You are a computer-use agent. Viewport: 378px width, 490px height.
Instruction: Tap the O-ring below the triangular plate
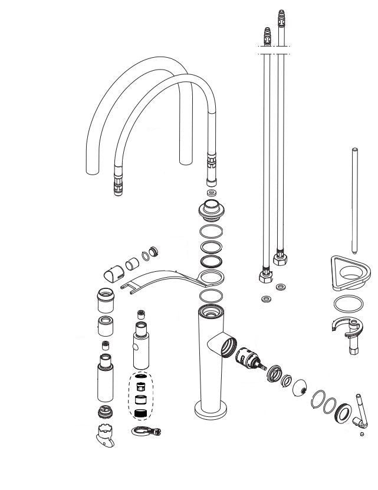(x=349, y=304)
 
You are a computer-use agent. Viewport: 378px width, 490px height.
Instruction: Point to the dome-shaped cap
(x=299, y=387)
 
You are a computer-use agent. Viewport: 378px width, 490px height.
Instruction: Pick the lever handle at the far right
(x=360, y=410)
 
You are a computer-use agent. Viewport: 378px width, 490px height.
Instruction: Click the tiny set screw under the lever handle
(x=361, y=435)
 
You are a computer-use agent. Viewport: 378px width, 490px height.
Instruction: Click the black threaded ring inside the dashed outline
(x=140, y=415)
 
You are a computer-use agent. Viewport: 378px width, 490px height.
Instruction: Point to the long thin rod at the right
(x=354, y=200)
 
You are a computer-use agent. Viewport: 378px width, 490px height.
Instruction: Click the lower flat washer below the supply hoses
(x=267, y=299)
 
